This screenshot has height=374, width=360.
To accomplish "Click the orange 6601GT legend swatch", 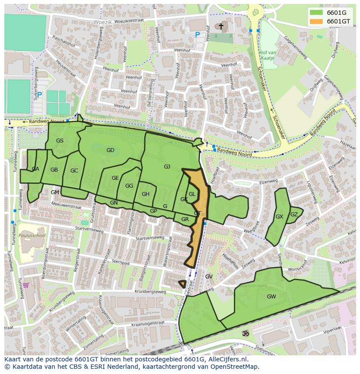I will pyautogui.click(x=316, y=21).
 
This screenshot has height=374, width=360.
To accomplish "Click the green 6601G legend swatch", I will pyautogui.click(x=316, y=13).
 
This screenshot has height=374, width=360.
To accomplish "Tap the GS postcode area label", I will pyautogui.click(x=60, y=140).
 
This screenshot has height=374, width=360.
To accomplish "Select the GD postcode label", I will pyautogui.click(x=110, y=150).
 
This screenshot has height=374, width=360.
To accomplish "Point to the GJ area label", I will pyautogui.click(x=167, y=166).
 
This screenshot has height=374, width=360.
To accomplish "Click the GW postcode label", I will pyautogui.click(x=271, y=297).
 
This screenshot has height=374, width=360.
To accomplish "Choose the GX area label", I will pyautogui.click(x=279, y=216).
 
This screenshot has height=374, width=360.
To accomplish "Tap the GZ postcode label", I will pyautogui.click(x=294, y=214).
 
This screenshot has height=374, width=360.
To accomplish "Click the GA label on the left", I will pyautogui.click(x=35, y=169).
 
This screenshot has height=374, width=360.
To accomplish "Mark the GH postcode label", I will pyautogui.click(x=145, y=194).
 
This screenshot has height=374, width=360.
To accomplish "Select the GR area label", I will pyautogui.click(x=185, y=219).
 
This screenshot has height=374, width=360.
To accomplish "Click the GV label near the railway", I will pyautogui.click(x=209, y=277).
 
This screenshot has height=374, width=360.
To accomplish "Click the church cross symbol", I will pyautogui.click(x=221, y=26).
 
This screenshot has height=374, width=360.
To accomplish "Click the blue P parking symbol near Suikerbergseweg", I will pyautogui.click(x=40, y=95).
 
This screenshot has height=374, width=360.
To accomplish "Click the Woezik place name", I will pyautogui.click(x=103, y=21).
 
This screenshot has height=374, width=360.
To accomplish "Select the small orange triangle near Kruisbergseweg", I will pyautogui.click(x=182, y=284).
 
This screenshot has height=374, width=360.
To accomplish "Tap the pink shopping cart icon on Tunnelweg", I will pyautogui.click(x=26, y=285).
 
